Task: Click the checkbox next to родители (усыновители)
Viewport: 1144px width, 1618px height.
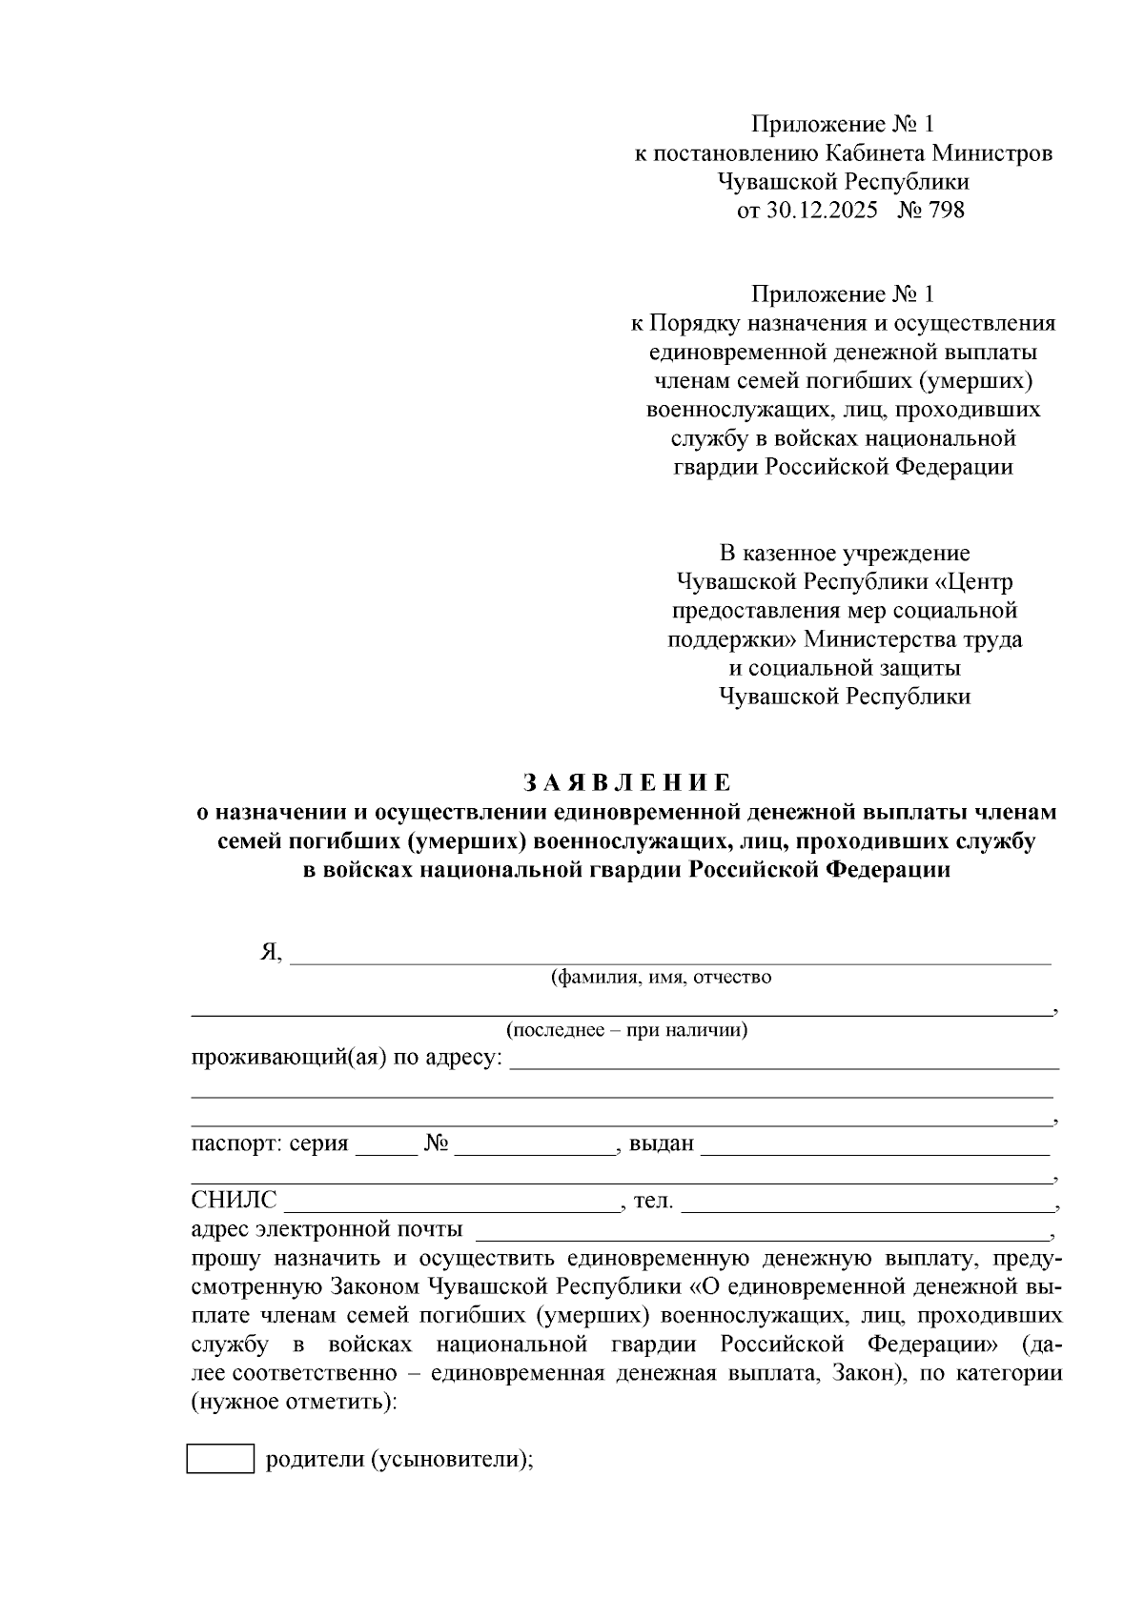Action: point(220,1459)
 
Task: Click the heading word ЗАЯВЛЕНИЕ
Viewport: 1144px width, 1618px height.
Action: point(627,782)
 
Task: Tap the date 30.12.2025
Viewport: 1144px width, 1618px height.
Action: point(821,210)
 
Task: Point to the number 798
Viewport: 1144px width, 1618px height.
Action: point(946,210)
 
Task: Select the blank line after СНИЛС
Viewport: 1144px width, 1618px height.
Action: point(451,1203)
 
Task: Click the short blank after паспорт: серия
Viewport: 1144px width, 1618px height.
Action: point(386,1145)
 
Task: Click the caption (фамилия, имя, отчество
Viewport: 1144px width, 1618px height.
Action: point(661,977)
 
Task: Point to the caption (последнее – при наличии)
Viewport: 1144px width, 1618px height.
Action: point(626,1030)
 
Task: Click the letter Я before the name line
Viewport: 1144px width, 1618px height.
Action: point(269,952)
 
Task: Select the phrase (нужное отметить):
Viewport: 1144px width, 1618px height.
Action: point(294,1403)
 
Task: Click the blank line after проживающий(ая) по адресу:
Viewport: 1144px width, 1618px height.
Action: point(784,1061)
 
